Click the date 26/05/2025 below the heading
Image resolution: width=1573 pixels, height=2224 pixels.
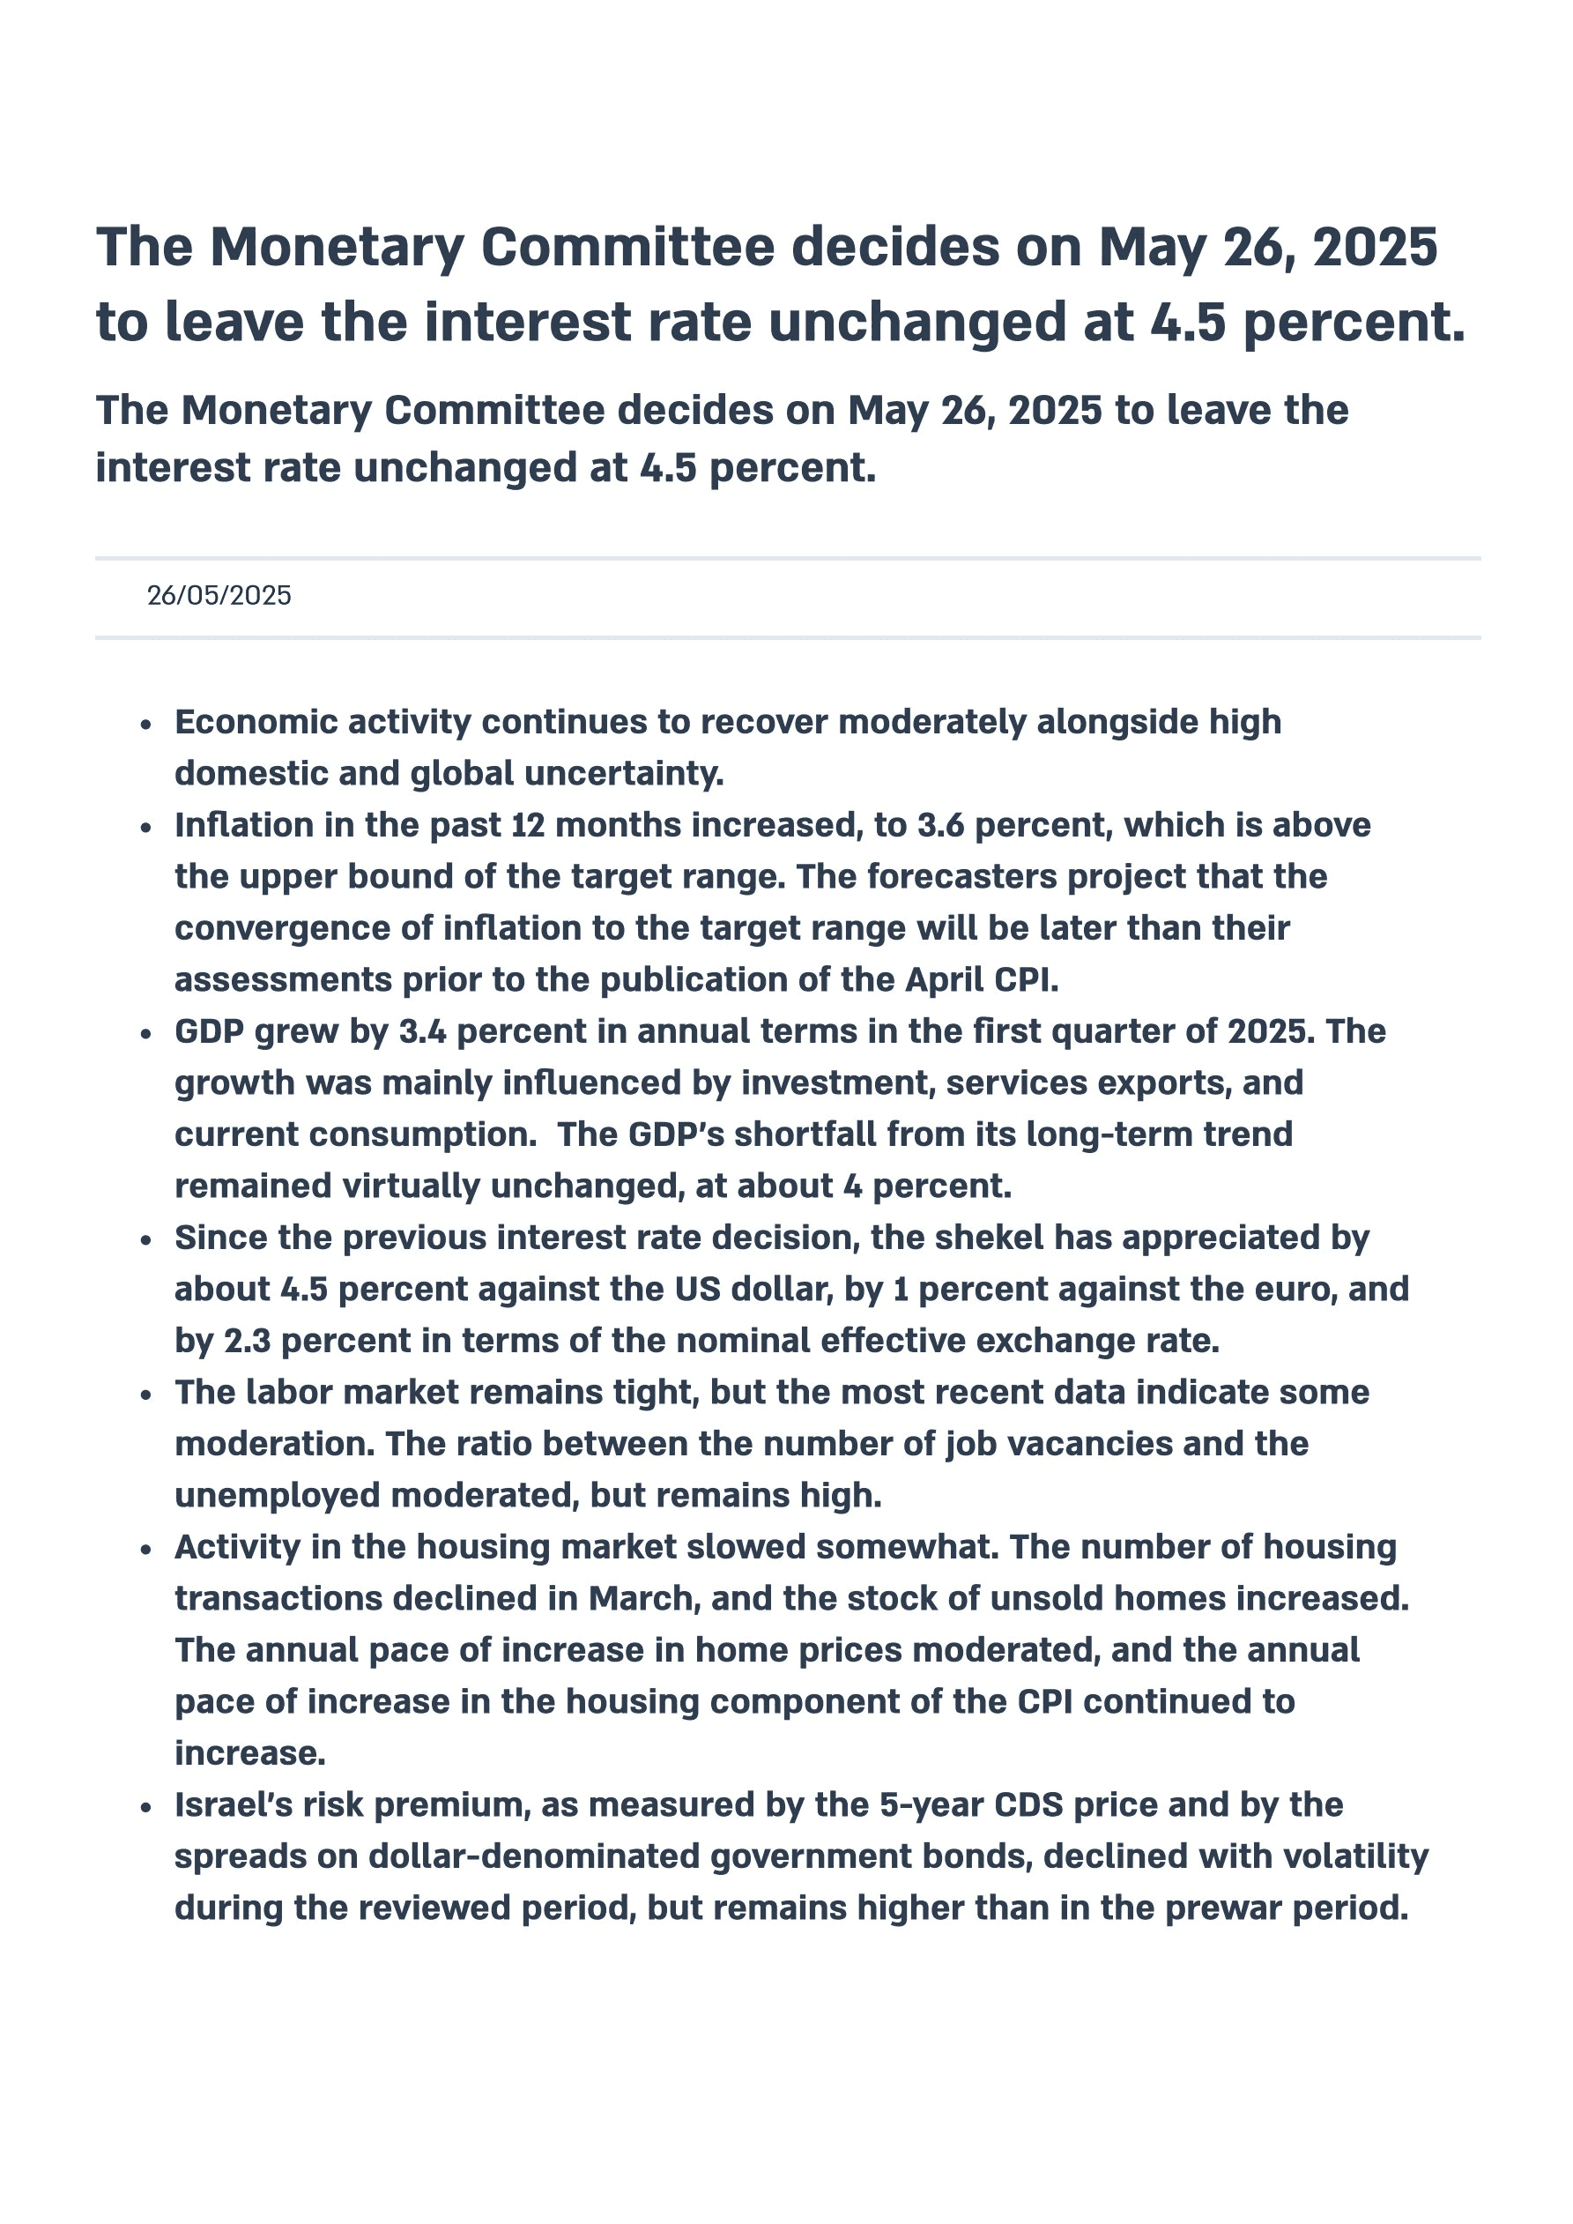point(219,595)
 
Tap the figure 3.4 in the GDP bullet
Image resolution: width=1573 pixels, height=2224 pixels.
point(422,1031)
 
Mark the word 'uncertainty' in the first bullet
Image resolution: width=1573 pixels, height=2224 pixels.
point(624,774)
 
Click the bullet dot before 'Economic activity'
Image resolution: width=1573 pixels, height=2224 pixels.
point(146,725)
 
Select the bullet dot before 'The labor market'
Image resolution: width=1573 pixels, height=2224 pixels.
point(146,1395)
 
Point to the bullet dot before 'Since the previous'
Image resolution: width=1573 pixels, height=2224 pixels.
point(146,1241)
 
